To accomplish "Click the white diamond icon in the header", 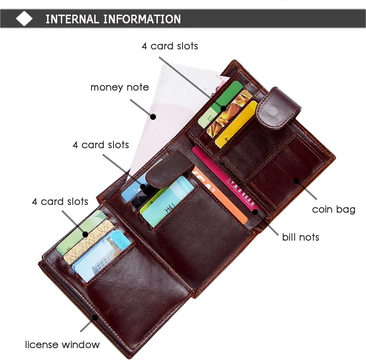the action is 24,19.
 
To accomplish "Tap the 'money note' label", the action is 119,87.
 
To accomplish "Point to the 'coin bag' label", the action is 334,210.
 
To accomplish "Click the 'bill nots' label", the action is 301,237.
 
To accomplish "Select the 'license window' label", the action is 62,344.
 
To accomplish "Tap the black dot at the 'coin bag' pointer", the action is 296,181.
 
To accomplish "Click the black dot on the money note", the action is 153,117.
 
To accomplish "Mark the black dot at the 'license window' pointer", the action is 95,317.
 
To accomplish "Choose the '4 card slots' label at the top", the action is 170,46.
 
